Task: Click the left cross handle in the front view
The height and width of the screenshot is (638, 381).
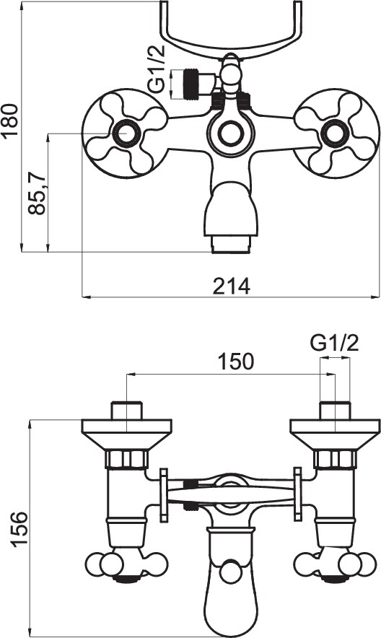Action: tap(126, 134)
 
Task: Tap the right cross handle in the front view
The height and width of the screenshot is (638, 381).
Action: tap(336, 134)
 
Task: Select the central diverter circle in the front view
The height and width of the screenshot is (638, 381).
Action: tap(231, 134)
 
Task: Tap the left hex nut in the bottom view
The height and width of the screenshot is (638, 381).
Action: tap(126, 459)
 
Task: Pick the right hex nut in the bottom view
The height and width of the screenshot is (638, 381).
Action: tap(335, 459)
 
